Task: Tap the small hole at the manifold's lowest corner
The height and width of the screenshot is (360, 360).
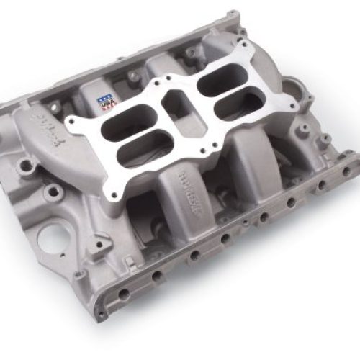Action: point(102,313)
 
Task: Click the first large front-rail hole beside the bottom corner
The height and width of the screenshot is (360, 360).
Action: point(125,293)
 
